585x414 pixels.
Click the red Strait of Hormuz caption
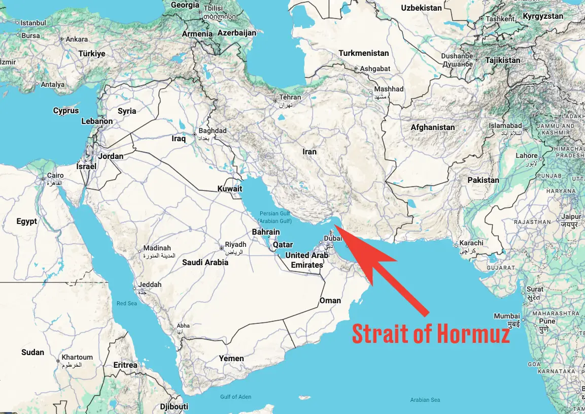point(431,334)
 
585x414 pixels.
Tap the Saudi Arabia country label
point(205,263)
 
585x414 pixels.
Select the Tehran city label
point(290,97)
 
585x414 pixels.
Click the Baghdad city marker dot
point(194,135)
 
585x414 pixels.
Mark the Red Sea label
point(127,303)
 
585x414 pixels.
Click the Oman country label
point(330,301)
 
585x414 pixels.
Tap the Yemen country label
point(231,359)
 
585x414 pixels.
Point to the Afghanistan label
point(432,128)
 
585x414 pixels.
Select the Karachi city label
point(471,243)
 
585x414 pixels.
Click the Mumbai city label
point(507,315)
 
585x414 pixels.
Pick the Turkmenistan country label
point(363,53)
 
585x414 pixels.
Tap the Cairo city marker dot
point(43,179)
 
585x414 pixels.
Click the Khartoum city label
point(77,357)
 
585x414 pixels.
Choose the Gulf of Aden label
point(235,397)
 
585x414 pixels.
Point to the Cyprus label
point(66,111)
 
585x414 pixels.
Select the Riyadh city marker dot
point(221,248)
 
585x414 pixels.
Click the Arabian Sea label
point(425,400)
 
